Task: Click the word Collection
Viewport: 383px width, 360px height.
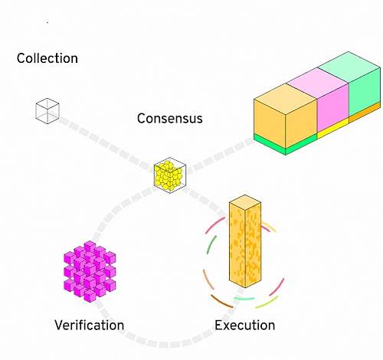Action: [47, 58]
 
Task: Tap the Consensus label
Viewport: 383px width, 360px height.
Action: [170, 119]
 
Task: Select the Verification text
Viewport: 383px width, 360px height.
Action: [90, 325]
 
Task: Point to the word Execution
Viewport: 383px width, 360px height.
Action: [245, 325]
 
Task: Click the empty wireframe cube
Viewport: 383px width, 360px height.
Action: [47, 111]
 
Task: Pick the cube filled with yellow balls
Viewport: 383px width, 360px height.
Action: [170, 175]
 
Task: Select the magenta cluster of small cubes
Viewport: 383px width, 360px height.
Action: [90, 271]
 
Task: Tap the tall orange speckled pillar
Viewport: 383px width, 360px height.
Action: [245, 241]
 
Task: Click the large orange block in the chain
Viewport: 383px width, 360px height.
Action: [286, 116]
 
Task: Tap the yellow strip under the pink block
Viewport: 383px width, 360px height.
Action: [333, 129]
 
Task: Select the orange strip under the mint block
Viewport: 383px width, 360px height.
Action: [365, 112]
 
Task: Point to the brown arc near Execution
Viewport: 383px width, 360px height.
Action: [221, 301]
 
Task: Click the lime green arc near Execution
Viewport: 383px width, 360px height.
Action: [267, 303]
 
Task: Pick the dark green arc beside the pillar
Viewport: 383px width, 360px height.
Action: [211, 244]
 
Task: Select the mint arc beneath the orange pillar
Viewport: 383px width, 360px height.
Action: [244, 298]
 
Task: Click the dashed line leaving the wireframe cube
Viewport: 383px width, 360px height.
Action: [106, 144]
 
